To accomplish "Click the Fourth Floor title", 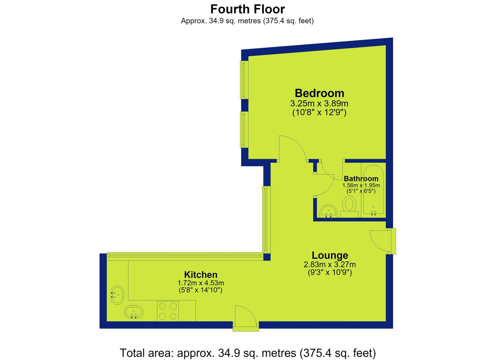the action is [247, 9].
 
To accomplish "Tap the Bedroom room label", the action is [319, 93].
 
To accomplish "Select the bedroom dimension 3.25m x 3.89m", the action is [319, 103].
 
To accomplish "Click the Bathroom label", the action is [361, 178].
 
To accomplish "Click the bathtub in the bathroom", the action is [373, 190].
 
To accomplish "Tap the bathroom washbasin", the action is [328, 211].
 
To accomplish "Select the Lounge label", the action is [330, 255].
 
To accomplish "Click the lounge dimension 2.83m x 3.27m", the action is [330, 264].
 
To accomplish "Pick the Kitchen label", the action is [201, 275].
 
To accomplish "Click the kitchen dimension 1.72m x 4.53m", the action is [201, 283].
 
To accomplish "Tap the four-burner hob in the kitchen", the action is [168, 311].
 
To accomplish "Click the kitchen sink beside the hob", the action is [134, 312].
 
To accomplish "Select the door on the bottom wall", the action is [246, 318].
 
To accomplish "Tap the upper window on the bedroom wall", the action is [244, 80].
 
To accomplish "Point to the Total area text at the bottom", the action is [247, 353].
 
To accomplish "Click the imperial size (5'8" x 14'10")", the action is [200, 290].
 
